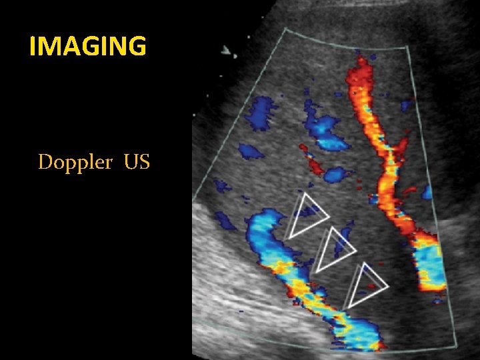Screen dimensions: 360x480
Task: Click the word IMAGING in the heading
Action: click(x=88, y=46)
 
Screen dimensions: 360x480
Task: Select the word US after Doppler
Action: click(x=137, y=162)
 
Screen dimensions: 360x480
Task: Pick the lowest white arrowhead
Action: click(x=366, y=285)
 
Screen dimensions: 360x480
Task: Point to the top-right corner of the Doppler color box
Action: click(x=408, y=48)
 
